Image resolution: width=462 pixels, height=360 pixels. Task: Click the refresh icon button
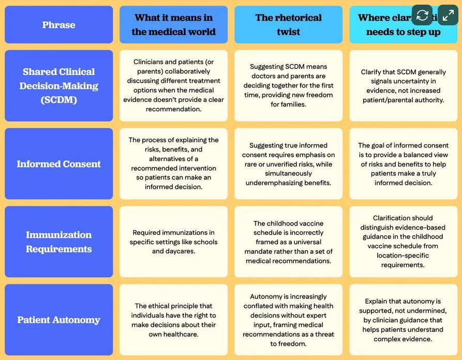coord(422,15)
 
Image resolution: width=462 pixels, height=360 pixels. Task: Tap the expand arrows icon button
coord(448,15)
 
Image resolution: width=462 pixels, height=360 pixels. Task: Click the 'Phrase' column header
coord(58,25)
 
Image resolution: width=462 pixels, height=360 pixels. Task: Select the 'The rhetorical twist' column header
coord(288,25)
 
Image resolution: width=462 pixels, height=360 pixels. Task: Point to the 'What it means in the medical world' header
coord(173,25)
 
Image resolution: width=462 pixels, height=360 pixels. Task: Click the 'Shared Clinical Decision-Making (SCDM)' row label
coord(58,86)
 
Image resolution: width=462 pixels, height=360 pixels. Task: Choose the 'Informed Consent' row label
coord(58,164)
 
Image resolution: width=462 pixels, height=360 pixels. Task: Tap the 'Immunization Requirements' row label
coord(58,242)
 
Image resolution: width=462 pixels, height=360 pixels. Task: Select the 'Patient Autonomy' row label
coord(58,320)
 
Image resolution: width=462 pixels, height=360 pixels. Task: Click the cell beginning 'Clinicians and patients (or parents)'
coord(173,86)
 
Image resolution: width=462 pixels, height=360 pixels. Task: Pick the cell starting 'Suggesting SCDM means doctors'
coord(288,86)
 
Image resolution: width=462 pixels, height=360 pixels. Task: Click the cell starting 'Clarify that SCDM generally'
coord(403,86)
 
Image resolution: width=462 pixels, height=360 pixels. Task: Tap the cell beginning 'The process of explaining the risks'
coord(173,164)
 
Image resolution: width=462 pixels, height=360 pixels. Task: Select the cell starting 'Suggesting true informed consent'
coord(288,164)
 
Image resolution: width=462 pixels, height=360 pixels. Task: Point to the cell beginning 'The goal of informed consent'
coord(403,164)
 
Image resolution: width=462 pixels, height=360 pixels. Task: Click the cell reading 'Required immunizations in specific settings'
coord(173,242)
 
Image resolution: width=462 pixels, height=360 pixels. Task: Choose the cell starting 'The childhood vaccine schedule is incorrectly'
coord(288,242)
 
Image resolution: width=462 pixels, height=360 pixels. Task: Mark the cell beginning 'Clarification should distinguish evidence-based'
coord(403,242)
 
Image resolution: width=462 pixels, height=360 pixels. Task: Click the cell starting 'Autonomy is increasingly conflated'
coord(288,320)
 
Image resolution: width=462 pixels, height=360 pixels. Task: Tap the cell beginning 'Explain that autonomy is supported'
coord(403,320)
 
